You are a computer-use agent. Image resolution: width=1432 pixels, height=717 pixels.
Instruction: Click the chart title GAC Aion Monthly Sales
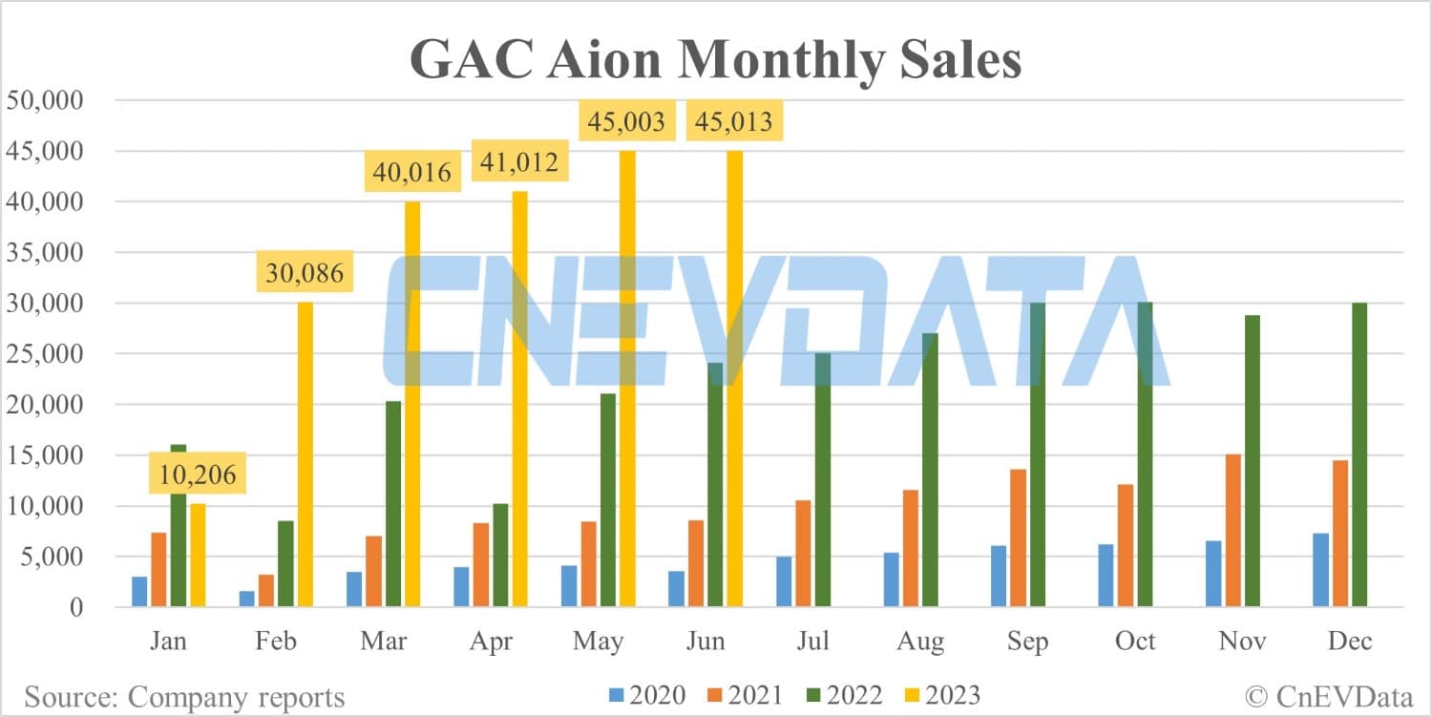coord(715,59)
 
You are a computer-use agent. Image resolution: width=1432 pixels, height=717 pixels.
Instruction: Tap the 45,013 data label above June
coord(733,122)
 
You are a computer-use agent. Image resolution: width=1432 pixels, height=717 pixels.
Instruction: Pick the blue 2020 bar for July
coord(784,582)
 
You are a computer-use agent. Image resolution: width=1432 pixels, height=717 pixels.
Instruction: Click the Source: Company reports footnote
coord(184,696)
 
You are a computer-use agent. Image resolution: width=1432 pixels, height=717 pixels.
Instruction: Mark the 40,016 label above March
coord(411,174)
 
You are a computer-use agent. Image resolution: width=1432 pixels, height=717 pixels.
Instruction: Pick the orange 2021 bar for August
coord(911,548)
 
